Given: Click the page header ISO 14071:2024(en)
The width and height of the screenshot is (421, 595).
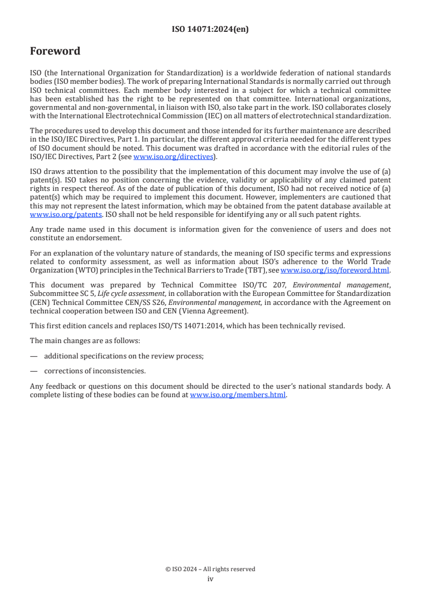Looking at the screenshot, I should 210,30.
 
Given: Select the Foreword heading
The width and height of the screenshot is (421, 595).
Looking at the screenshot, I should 55,51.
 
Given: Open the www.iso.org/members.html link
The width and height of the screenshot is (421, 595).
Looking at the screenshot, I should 238,395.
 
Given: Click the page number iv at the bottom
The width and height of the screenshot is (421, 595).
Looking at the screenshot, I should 210,579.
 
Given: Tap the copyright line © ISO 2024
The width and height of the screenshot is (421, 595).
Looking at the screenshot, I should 210,569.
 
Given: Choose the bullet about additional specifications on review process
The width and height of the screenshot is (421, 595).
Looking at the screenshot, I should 124,356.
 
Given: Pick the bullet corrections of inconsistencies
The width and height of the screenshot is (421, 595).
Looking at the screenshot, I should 94,371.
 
